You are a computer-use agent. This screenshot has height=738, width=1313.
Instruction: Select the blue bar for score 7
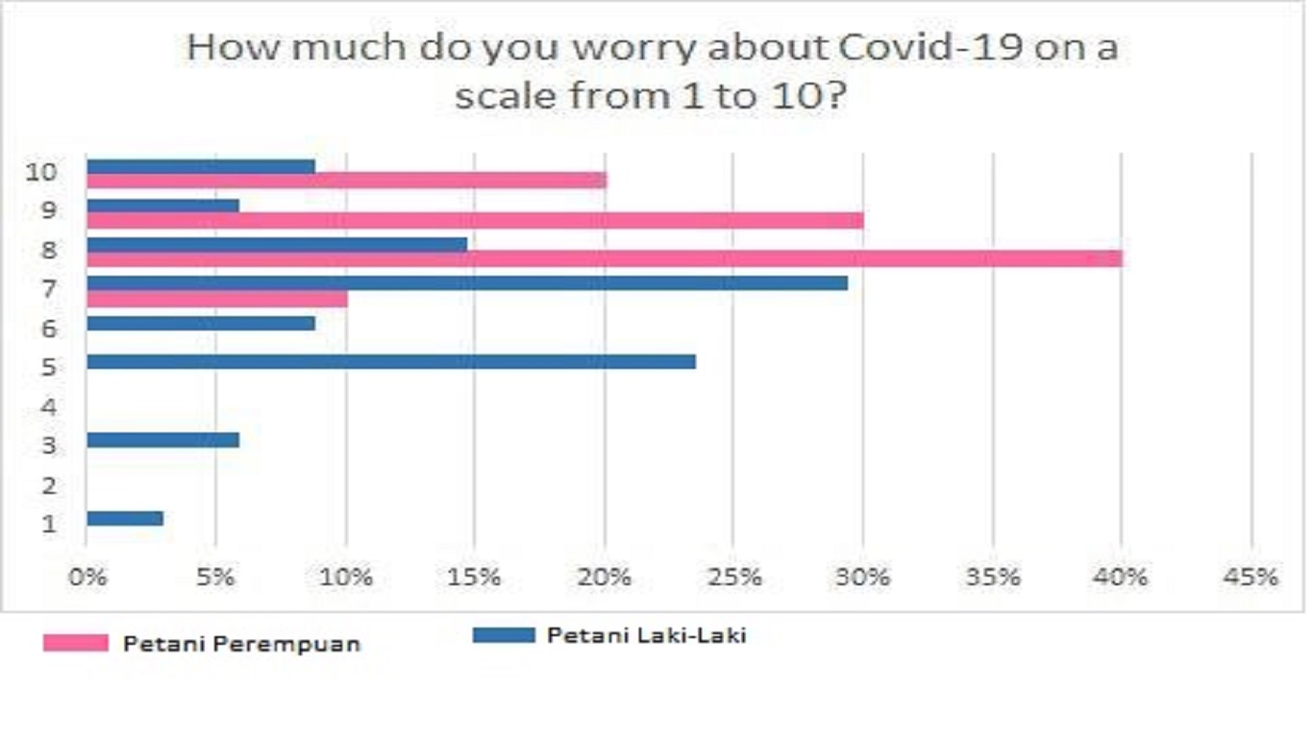(467, 283)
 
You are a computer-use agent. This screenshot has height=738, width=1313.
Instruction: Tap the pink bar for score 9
(475, 220)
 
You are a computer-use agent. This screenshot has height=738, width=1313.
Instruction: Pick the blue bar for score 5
(390, 361)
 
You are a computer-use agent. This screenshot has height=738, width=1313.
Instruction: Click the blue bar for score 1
(125, 518)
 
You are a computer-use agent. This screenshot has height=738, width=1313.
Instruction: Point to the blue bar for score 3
(162, 440)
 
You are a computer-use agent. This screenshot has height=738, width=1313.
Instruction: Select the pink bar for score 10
(346, 181)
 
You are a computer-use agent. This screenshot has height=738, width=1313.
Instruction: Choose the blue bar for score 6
(201, 323)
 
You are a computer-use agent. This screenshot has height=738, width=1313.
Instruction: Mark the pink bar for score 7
(216, 299)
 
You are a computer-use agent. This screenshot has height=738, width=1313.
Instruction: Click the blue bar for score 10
(201, 165)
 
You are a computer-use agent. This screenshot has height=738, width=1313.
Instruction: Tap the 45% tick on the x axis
(1252, 578)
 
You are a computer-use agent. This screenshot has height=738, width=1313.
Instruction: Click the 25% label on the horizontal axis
(734, 578)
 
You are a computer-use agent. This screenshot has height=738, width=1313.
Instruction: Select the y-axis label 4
(48, 406)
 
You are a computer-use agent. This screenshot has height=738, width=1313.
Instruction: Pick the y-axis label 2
(48, 485)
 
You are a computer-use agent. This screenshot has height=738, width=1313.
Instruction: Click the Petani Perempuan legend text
(241, 644)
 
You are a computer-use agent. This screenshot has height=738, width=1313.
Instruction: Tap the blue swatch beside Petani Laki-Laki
(503, 635)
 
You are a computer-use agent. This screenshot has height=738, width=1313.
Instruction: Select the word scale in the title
(504, 96)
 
